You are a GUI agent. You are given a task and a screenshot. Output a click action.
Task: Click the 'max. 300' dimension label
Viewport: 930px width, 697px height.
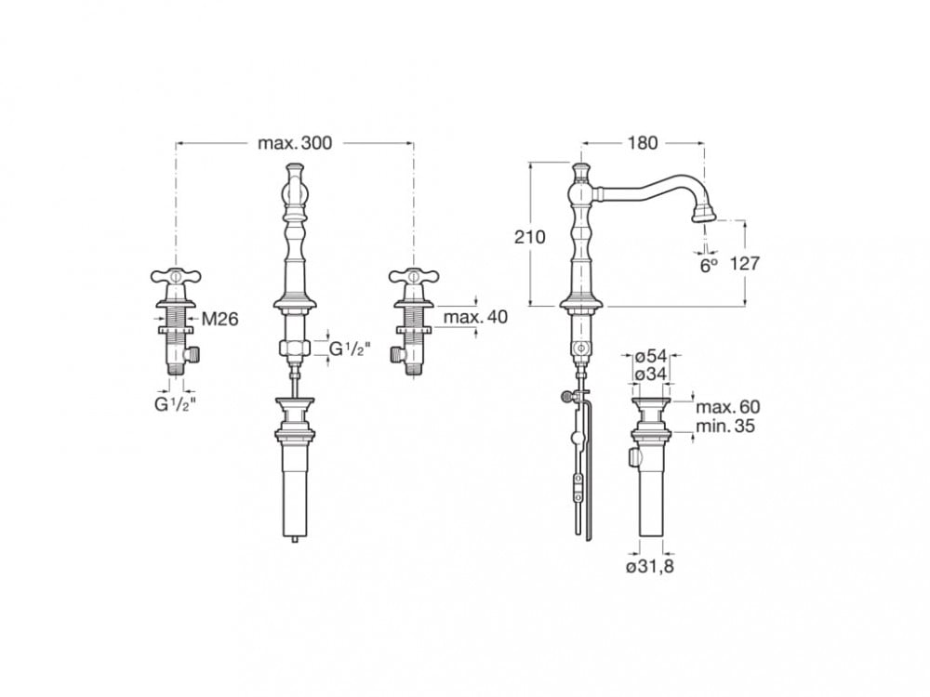click(296, 143)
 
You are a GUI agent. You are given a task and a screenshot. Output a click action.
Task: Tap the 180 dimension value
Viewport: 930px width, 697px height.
click(643, 143)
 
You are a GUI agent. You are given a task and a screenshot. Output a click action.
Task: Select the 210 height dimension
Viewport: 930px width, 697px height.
click(529, 237)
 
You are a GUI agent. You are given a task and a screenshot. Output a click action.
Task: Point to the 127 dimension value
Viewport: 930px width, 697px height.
click(744, 263)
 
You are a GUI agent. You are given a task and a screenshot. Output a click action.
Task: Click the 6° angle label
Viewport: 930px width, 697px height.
click(709, 265)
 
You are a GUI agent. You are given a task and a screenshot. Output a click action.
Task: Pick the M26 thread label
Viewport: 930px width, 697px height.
click(220, 320)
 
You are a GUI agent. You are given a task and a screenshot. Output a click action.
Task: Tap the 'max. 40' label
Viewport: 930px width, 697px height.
click(475, 317)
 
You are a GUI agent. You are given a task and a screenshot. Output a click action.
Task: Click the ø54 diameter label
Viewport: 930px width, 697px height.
click(651, 357)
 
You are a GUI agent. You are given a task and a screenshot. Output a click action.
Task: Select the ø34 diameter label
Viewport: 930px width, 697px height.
click(651, 375)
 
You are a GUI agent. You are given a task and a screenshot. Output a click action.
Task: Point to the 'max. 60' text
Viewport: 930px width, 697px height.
click(728, 407)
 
